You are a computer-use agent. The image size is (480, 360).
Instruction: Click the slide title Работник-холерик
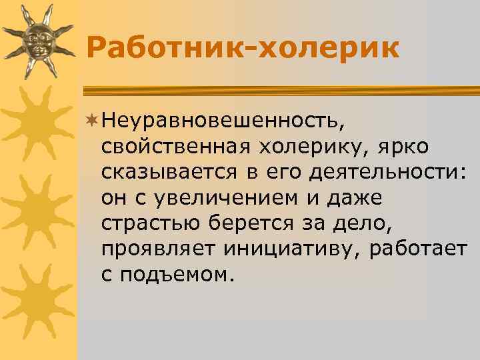click(x=243, y=47)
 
